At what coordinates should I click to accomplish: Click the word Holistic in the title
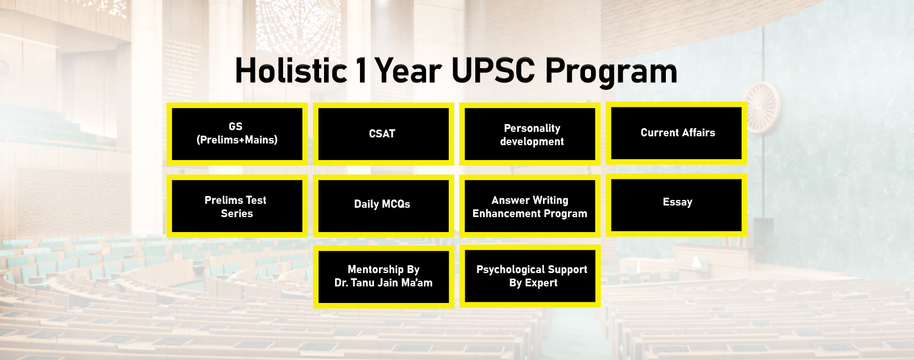click(x=291, y=71)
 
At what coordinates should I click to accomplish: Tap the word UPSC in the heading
click(x=493, y=71)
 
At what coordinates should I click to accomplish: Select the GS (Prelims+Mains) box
click(x=237, y=133)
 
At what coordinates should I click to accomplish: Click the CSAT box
click(x=383, y=134)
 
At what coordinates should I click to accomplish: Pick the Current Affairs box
click(x=676, y=133)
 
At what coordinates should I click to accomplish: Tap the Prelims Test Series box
click(x=237, y=207)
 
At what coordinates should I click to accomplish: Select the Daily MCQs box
click(x=383, y=205)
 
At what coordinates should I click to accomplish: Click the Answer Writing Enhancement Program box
click(x=530, y=207)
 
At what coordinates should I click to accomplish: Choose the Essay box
click(x=676, y=203)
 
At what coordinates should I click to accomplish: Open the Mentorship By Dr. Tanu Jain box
click(x=383, y=276)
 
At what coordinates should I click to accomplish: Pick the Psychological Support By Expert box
click(x=530, y=276)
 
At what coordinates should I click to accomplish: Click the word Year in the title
click(x=408, y=71)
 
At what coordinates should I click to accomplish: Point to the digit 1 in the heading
click(x=361, y=71)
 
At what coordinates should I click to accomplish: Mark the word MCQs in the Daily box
click(x=397, y=204)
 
